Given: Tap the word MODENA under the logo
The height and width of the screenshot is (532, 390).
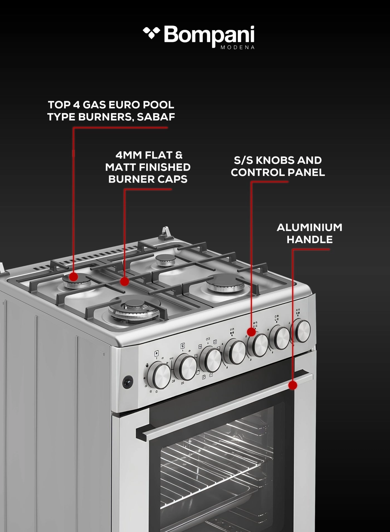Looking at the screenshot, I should (237, 47).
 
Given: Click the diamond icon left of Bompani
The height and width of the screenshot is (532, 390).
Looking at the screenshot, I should (151, 33).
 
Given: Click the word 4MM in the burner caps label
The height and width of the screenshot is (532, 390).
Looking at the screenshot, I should (129, 155).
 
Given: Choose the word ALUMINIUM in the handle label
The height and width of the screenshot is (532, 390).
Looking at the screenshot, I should (309, 228).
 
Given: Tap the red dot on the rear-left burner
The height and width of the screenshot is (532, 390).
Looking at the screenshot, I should (74, 277).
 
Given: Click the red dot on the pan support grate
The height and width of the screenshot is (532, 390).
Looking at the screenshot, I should (125, 282).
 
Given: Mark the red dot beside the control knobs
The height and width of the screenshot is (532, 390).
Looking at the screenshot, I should (251, 332).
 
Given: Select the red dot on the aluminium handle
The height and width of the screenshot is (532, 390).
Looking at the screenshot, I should (292, 385).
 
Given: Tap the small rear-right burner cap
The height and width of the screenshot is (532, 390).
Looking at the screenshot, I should (165, 260).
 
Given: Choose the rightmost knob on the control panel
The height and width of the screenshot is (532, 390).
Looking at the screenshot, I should (302, 331).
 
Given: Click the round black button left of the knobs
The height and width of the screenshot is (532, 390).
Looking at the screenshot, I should (128, 382).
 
